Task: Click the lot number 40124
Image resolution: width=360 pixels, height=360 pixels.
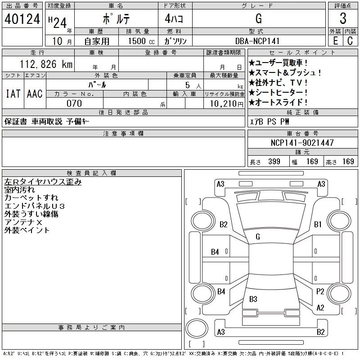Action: pos(22,19)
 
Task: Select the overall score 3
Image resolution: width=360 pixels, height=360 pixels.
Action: pos(343,19)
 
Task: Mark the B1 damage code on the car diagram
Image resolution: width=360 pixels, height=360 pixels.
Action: pos(318,224)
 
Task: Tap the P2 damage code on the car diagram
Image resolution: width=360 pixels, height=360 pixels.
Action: pos(320,291)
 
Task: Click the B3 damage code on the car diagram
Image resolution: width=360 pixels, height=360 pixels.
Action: pos(253,299)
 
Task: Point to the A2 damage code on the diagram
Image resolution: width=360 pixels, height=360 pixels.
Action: pos(320,308)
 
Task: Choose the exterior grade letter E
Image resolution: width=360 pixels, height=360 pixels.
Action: pos(335,41)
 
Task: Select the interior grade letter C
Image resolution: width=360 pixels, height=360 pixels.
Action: pos(350,41)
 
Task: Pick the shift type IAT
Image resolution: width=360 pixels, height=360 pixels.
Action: pos(13,94)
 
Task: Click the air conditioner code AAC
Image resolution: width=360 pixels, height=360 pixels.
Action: pos(35,94)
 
